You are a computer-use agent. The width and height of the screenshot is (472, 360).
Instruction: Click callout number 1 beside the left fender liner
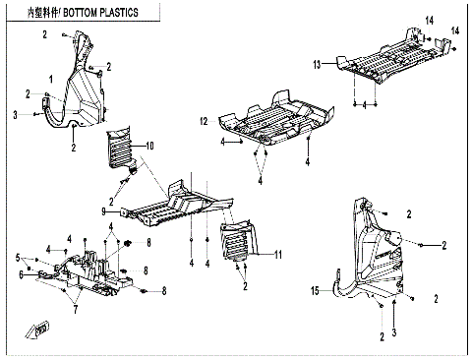(51, 77)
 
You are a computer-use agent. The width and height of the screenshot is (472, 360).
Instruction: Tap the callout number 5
(19, 258)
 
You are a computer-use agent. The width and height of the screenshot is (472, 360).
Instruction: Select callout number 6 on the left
(19, 275)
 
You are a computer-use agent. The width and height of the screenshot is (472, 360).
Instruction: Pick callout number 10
(150, 147)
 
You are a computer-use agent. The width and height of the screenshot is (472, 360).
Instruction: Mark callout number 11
(280, 254)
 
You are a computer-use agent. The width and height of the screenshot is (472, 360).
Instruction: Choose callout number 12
(205, 122)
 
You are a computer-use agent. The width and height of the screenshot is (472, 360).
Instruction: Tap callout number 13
(318, 64)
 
